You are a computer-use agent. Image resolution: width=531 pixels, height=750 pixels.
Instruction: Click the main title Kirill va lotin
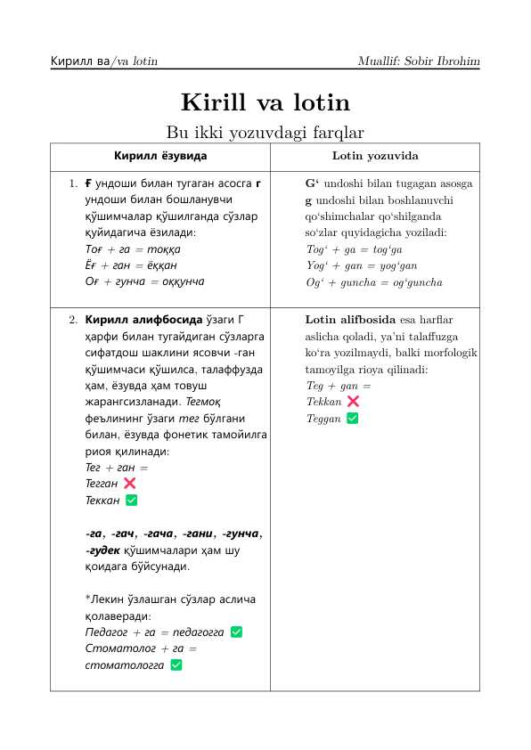point(265,102)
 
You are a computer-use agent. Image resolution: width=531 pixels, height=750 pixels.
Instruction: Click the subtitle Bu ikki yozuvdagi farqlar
point(265,133)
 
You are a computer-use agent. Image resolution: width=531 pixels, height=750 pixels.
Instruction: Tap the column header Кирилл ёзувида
point(160,156)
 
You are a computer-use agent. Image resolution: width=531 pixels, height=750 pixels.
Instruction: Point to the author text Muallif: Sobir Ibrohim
point(419,61)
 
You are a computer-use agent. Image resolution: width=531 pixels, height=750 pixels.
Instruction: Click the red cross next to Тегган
point(130,483)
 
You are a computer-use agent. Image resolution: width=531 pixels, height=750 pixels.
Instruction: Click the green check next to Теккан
point(131,500)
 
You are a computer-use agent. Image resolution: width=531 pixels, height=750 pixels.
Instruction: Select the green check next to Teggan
point(352,419)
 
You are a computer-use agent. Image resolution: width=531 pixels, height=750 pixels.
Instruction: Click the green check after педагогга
point(236,632)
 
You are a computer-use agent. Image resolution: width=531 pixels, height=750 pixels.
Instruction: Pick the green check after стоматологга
point(176,664)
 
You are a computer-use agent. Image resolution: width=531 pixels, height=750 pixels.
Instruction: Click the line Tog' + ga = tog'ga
point(355,249)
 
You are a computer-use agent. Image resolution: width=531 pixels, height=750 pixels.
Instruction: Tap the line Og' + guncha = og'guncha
point(373,282)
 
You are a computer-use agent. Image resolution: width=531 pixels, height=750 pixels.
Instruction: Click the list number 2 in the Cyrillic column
point(73,319)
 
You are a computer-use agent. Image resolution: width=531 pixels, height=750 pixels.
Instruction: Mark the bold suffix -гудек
point(102,550)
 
